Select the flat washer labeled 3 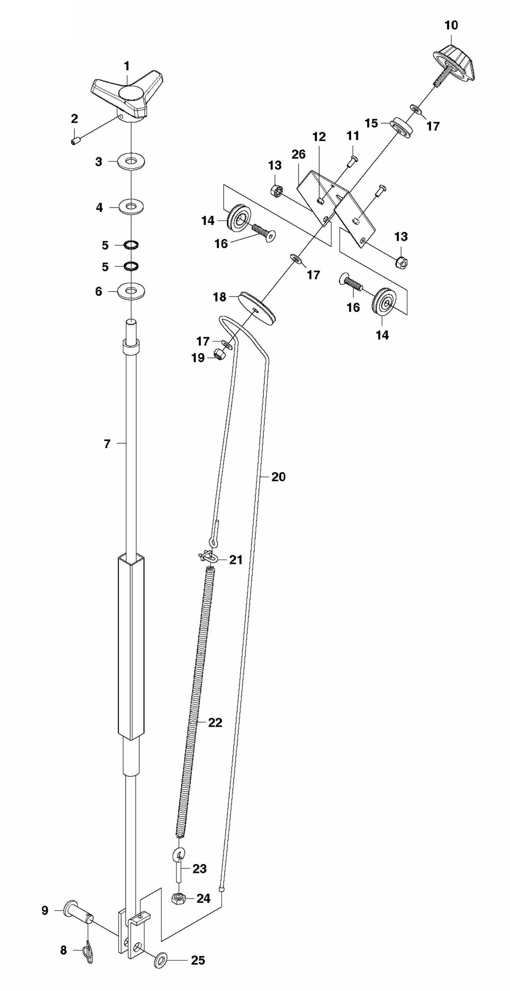[132, 162]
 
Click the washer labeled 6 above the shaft [132, 291]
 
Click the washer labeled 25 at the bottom [161, 960]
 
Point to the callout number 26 [299, 154]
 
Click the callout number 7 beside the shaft [107, 444]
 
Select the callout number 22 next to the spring [215, 722]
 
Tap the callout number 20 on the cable [278, 477]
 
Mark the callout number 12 [319, 137]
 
